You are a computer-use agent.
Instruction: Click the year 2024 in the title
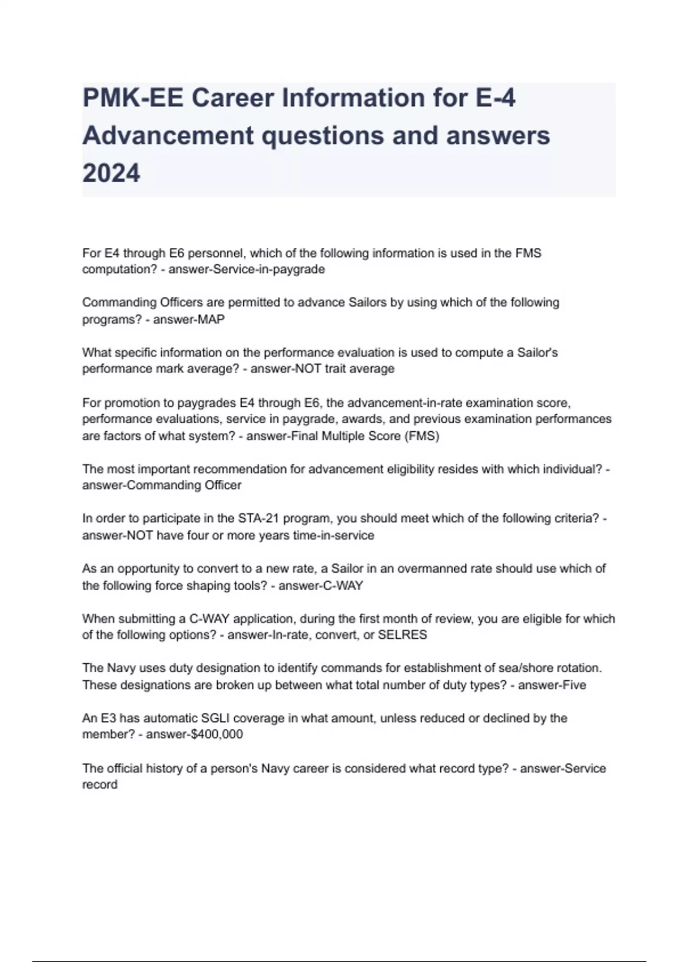click(x=111, y=173)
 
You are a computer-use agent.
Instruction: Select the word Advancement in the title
click(x=168, y=136)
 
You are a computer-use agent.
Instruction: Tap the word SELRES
click(x=402, y=635)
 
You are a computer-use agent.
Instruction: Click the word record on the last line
click(x=100, y=785)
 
